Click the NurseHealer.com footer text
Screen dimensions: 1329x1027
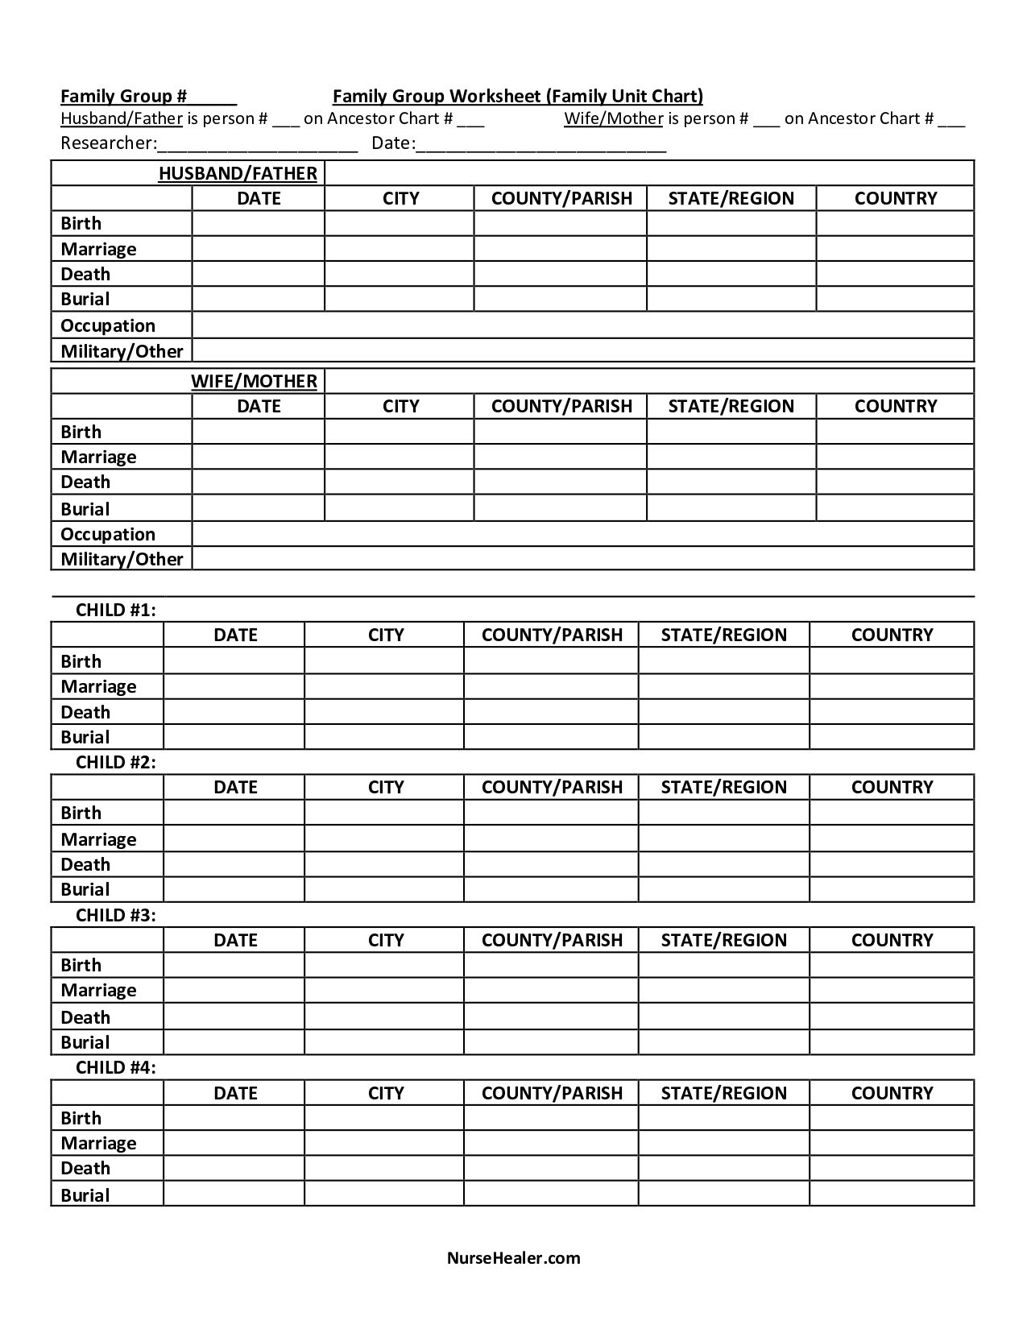tap(513, 1257)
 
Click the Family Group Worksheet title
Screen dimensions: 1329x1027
tap(517, 97)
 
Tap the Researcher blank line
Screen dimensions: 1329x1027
tap(258, 145)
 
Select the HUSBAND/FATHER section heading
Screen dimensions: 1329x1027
tap(238, 173)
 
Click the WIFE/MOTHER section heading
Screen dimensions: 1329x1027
tap(254, 381)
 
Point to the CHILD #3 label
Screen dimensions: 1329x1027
tap(116, 915)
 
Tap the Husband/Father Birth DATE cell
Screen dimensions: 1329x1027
tap(258, 223)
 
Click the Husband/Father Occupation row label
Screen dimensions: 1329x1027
tap(108, 325)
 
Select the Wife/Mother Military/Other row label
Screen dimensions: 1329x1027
tap(122, 559)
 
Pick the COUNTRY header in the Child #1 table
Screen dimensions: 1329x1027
tap(892, 635)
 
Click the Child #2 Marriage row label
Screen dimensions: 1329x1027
tap(98, 839)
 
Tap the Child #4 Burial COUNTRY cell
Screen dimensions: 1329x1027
tap(892, 1194)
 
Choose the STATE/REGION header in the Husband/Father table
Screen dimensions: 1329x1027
tap(731, 198)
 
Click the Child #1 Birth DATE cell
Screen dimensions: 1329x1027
tap(234, 660)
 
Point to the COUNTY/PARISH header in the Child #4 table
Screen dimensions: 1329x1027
tap(552, 1093)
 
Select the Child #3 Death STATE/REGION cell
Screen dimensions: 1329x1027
tap(723, 1016)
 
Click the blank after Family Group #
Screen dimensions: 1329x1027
tap(213, 97)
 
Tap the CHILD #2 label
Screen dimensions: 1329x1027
tap(116, 762)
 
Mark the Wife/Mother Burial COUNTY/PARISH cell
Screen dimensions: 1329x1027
tap(560, 508)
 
